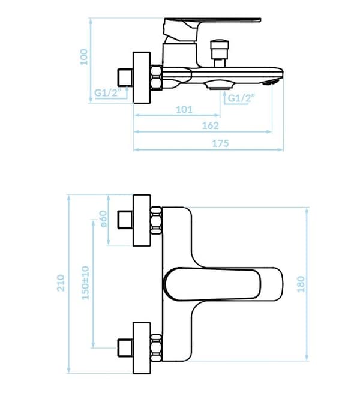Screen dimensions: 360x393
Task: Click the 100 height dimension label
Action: tap(84, 57)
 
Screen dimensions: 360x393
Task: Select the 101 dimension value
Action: tap(184, 110)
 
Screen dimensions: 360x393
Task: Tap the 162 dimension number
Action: tap(211, 125)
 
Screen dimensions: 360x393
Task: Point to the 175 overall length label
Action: tap(220, 143)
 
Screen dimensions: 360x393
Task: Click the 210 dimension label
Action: tap(61, 283)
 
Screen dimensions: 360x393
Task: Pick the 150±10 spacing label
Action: tap(85, 283)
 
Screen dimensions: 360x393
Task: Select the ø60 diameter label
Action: tap(103, 219)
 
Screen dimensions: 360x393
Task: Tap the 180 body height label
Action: tap(301, 284)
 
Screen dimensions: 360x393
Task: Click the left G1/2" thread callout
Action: tap(108, 93)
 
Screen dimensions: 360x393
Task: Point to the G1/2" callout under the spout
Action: tap(241, 98)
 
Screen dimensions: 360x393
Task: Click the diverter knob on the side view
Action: tap(220, 53)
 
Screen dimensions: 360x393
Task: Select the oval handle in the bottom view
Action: tap(212, 284)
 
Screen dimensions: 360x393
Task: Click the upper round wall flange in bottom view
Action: tap(142, 220)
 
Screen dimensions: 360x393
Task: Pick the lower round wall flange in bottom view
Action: tap(142, 348)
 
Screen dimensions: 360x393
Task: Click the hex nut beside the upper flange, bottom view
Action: tap(156, 220)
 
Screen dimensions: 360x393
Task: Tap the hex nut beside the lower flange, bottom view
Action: tap(156, 348)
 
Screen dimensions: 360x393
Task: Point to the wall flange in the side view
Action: tap(142, 77)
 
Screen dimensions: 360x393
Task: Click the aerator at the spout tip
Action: tap(271, 82)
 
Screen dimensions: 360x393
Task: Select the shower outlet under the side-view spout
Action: tap(219, 85)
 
